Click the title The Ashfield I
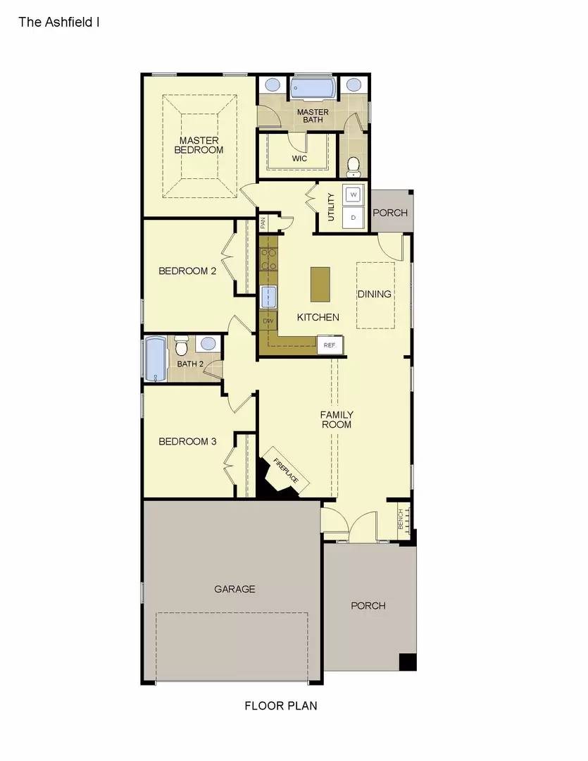pyautogui.click(x=59, y=22)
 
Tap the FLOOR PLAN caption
pyautogui.click(x=281, y=705)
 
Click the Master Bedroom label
pyautogui.click(x=199, y=145)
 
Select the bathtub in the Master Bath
pyautogui.click(x=313, y=89)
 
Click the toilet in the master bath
pyautogui.click(x=354, y=167)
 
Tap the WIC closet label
pyautogui.click(x=299, y=159)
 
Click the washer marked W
pyautogui.click(x=354, y=193)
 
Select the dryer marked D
pyautogui.click(x=354, y=217)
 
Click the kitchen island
pyautogui.click(x=320, y=285)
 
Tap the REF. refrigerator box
pyautogui.click(x=330, y=345)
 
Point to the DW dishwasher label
pyautogui.click(x=268, y=321)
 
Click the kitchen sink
pyautogui.click(x=269, y=298)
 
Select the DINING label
pyautogui.click(x=374, y=294)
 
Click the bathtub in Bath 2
pyautogui.click(x=155, y=359)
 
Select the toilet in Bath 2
pyautogui.click(x=182, y=346)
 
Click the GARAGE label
pyautogui.click(x=234, y=589)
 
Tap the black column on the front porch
pyautogui.click(x=408, y=662)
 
